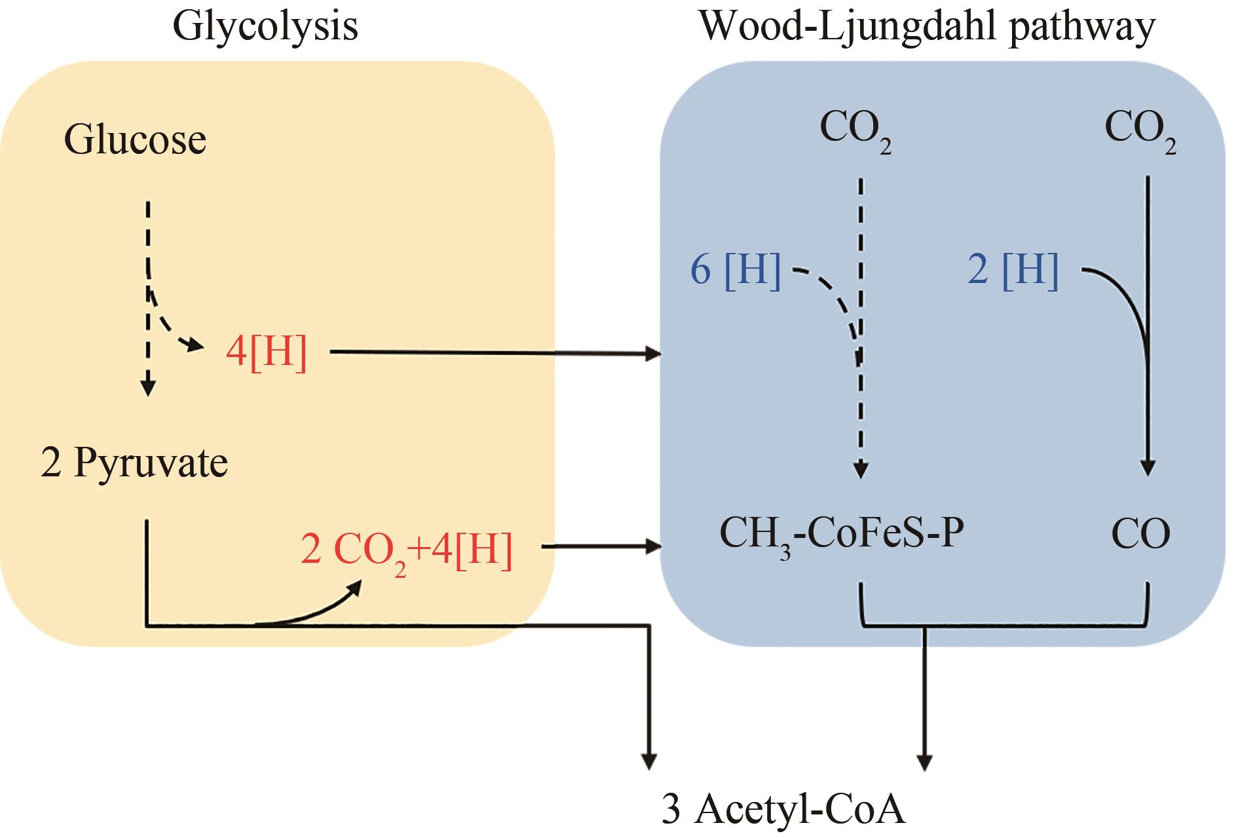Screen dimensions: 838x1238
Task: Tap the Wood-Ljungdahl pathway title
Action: click(x=927, y=28)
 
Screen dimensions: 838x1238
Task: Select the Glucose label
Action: click(x=135, y=140)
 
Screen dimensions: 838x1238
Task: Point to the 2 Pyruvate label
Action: click(x=134, y=463)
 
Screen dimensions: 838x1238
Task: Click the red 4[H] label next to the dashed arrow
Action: click(x=266, y=353)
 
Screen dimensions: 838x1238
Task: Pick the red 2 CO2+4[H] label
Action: click(x=406, y=550)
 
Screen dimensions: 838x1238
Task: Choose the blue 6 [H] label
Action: click(x=736, y=269)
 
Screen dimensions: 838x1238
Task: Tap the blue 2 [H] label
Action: click(x=1013, y=269)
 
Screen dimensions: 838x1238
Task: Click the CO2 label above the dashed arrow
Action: click(x=855, y=130)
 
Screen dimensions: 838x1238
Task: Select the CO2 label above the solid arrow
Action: click(x=1140, y=130)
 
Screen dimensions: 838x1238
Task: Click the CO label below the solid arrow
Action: click(x=1140, y=534)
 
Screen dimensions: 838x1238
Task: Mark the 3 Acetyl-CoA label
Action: click(x=783, y=809)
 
